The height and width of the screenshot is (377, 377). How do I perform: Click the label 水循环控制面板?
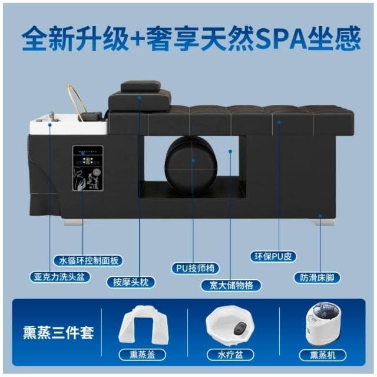[x=88, y=260]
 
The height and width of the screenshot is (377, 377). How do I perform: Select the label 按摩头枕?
[x=131, y=282]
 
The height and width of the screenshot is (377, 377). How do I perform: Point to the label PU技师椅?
[x=195, y=269]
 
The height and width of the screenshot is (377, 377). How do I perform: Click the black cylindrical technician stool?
[x=189, y=159]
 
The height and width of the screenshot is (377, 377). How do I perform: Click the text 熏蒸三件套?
[x=58, y=331]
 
